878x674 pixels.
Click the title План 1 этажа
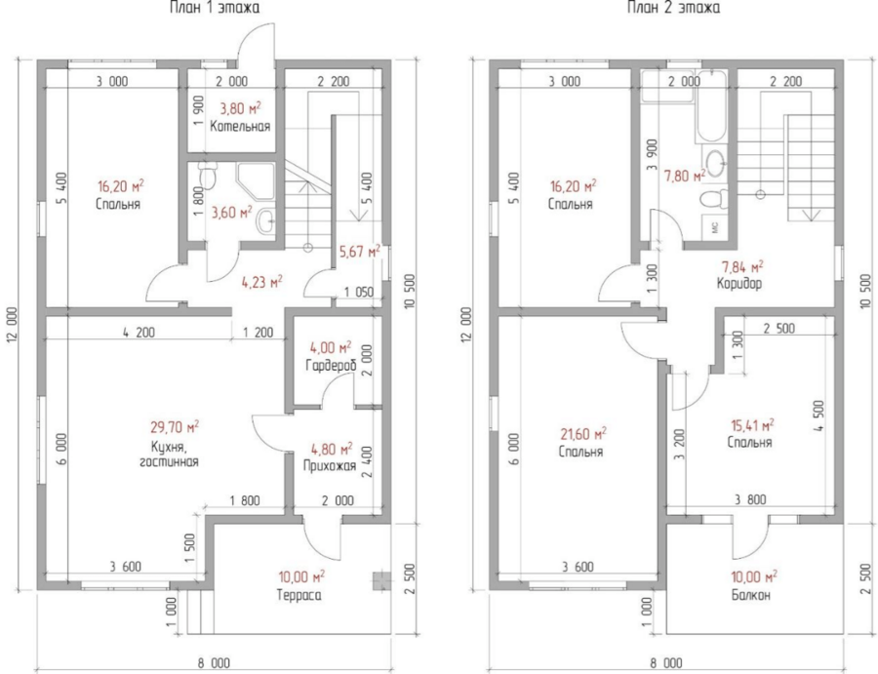point(215,7)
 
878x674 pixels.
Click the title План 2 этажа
point(673,7)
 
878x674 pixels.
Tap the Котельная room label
point(240,126)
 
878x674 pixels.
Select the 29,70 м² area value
point(175,427)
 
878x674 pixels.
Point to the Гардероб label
point(331,366)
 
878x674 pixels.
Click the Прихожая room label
point(330,466)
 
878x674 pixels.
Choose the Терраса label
point(299,595)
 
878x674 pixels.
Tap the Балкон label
point(751,595)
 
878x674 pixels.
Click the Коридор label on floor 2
point(739,283)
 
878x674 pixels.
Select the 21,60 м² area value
point(583,434)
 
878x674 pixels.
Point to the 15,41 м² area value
point(752,425)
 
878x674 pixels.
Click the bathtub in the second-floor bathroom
point(711,106)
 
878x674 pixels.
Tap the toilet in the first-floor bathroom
point(208,176)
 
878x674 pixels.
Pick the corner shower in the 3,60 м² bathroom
point(257,181)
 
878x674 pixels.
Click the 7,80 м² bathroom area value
point(684,177)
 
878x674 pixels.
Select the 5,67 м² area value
point(360,252)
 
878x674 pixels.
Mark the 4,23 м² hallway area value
point(261,282)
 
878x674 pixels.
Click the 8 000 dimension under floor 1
point(214,663)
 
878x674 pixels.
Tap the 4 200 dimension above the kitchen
point(139,333)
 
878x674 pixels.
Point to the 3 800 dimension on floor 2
point(750,499)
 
